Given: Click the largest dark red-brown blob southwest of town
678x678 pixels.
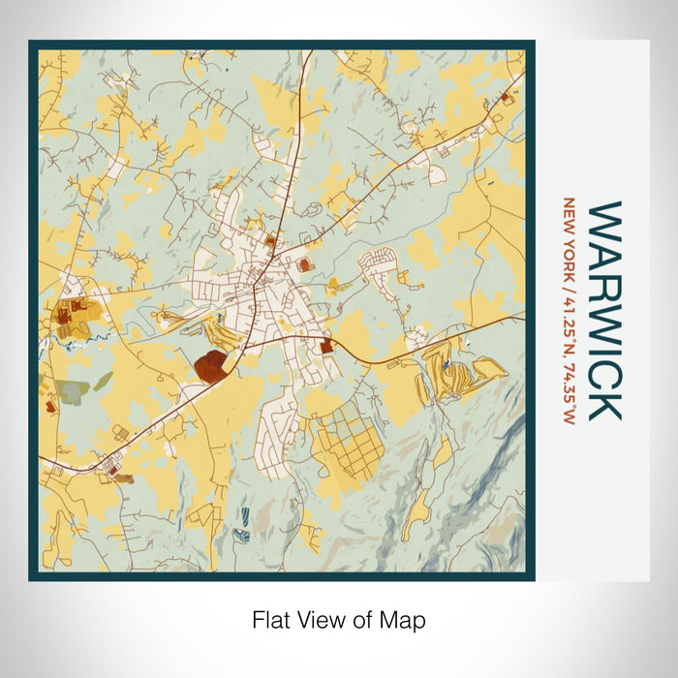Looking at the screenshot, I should (211, 365).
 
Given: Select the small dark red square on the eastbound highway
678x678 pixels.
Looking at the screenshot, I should (326, 345).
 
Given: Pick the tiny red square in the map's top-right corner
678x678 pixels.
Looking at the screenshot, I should (505, 97).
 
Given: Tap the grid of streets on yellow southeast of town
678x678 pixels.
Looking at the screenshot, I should (348, 441).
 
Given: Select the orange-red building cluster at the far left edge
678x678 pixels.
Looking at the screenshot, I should (66, 313).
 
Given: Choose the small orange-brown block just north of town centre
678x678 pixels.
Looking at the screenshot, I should (270, 239).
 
